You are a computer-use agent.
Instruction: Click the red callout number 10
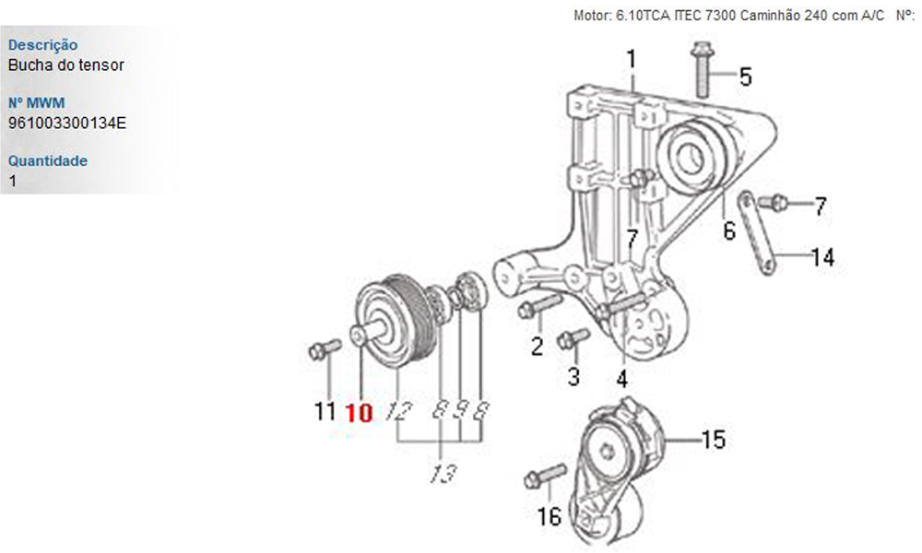click(359, 412)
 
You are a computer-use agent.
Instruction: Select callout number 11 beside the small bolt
click(324, 411)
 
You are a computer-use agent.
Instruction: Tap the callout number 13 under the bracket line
click(443, 474)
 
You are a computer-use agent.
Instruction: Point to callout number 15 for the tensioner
click(714, 440)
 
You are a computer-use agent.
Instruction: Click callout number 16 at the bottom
click(549, 516)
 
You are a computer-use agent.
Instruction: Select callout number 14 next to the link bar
click(822, 257)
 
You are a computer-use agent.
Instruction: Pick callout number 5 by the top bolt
click(745, 76)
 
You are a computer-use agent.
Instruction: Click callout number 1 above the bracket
click(631, 60)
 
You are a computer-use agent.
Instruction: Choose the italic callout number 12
click(399, 412)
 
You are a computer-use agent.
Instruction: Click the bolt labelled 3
click(573, 339)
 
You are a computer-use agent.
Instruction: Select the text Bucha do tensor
click(65, 65)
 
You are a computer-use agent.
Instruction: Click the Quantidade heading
click(48, 160)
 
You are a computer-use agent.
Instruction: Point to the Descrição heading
click(42, 45)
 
